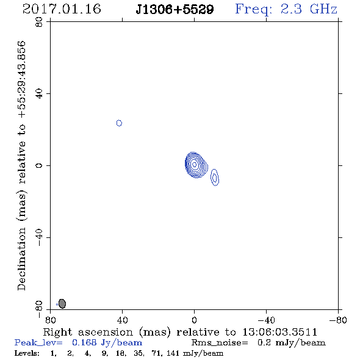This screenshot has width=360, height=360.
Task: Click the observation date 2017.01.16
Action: pyautogui.click(x=62, y=9)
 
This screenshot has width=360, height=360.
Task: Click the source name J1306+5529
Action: pyautogui.click(x=175, y=9)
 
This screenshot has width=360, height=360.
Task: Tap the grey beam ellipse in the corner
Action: pyautogui.click(x=62, y=303)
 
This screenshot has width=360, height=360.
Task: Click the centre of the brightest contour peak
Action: pyautogui.click(x=195, y=165)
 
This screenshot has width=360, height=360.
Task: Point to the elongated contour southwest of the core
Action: pyautogui.click(x=215, y=177)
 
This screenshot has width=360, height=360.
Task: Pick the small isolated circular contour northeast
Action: pyautogui.click(x=119, y=123)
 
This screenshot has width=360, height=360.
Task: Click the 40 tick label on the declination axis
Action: pyautogui.click(x=39, y=94)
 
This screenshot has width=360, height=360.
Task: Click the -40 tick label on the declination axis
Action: pyautogui.click(x=39, y=237)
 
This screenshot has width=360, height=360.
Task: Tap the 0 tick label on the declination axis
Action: pyautogui.click(x=39, y=165)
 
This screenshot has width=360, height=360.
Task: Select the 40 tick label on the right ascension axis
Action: pyautogui.click(x=122, y=320)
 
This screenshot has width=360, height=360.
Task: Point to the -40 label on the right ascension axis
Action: pyautogui.click(x=266, y=320)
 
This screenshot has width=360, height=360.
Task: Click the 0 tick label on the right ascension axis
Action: pyautogui.click(x=195, y=320)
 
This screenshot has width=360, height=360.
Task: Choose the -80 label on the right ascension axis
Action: pyautogui.click(x=338, y=320)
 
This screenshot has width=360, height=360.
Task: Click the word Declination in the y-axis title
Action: pyautogui.click(x=21, y=259)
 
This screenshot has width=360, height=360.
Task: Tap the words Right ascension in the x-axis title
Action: pyautogui.click(x=88, y=332)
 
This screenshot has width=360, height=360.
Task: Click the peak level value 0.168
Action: pyautogui.click(x=84, y=342)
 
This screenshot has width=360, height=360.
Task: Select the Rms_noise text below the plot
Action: pyautogui.click(x=220, y=343)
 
